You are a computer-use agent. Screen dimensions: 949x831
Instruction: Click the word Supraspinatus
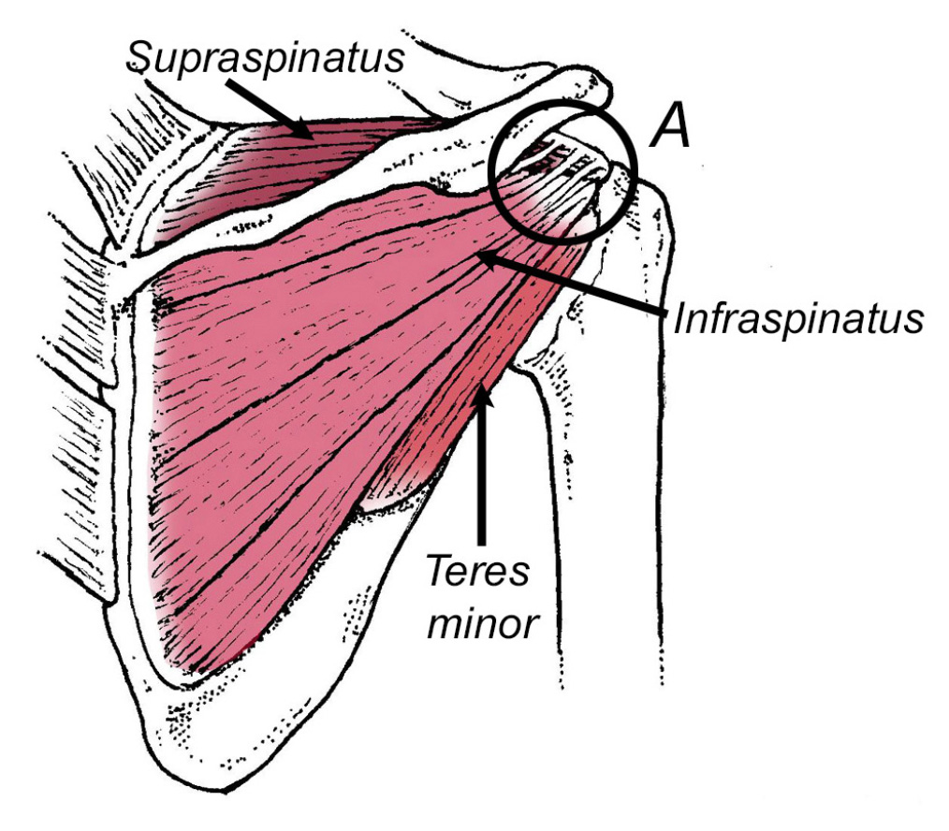click(265, 57)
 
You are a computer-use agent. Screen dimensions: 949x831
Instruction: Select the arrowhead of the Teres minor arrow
click(482, 395)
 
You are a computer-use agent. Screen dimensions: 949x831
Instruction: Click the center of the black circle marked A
click(562, 171)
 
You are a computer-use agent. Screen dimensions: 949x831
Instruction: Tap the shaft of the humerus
click(611, 515)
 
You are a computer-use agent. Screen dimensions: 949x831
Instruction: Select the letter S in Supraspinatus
click(140, 57)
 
